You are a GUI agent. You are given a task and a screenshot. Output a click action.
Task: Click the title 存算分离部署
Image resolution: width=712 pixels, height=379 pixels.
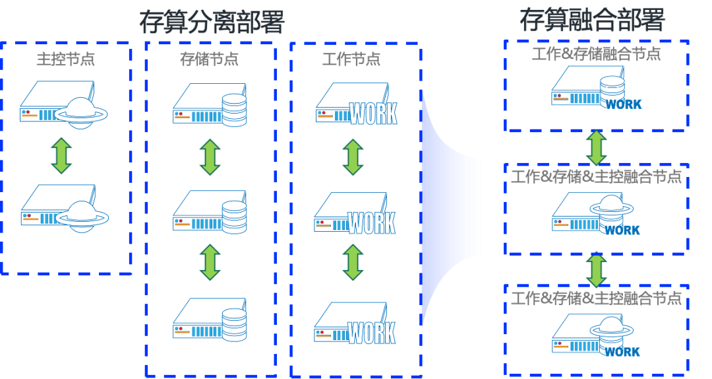(x=212, y=22)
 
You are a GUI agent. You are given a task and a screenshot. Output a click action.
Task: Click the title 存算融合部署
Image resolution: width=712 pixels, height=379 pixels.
(x=592, y=20)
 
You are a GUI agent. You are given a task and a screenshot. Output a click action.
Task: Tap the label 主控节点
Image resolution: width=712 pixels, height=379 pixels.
(x=65, y=59)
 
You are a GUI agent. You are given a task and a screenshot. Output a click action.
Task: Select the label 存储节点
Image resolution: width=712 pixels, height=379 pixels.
(x=209, y=59)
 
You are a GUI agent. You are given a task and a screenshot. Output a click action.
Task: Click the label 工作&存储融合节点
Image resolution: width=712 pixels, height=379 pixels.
(x=596, y=54)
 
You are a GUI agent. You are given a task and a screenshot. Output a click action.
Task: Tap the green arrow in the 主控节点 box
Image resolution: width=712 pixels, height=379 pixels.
(x=61, y=156)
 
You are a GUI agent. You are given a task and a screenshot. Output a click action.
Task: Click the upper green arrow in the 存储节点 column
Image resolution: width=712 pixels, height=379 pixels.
(x=210, y=157)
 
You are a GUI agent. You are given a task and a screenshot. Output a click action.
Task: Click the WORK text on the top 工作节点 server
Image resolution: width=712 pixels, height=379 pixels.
(x=373, y=114)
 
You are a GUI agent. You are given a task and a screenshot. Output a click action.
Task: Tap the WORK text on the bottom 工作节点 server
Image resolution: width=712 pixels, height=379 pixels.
(x=372, y=333)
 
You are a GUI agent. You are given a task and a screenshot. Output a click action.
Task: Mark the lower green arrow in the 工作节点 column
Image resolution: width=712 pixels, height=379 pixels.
(x=353, y=263)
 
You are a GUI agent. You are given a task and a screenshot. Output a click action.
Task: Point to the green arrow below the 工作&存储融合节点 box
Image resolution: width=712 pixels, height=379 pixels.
(x=596, y=147)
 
